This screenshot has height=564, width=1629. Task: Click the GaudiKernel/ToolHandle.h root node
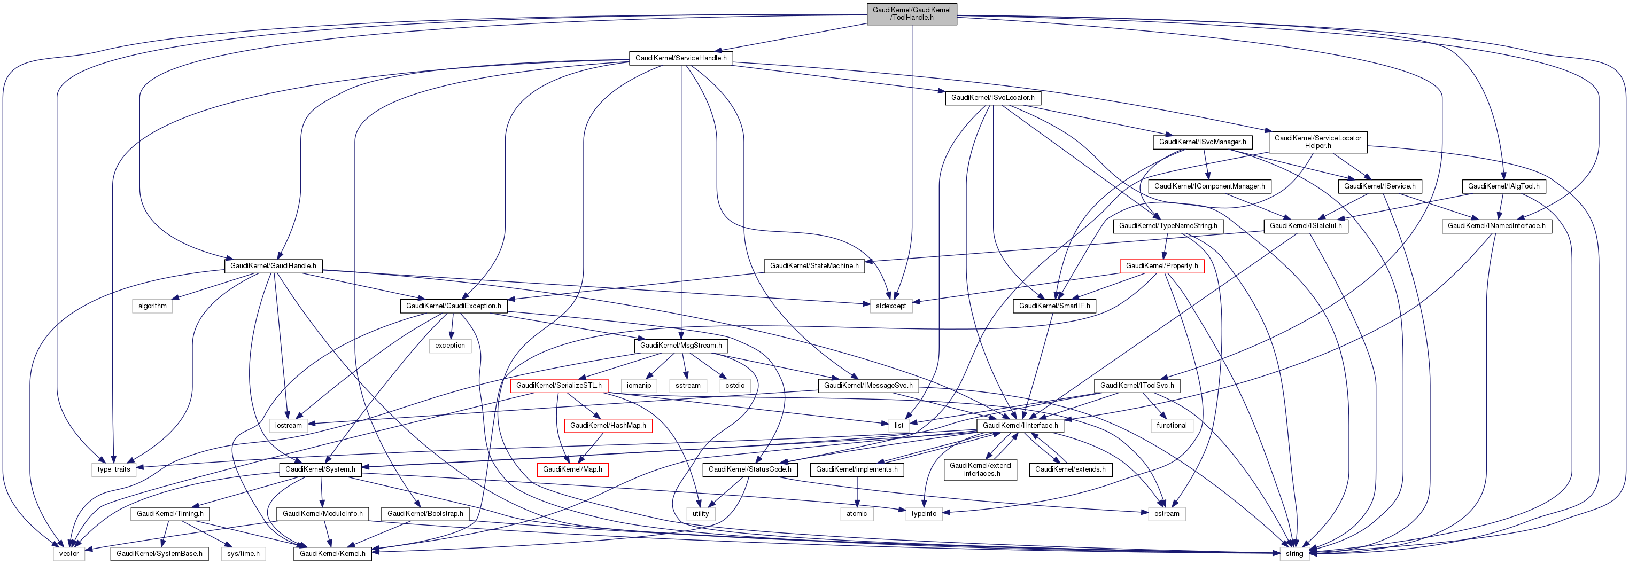tap(911, 13)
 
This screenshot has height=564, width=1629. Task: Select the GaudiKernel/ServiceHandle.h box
tap(680, 58)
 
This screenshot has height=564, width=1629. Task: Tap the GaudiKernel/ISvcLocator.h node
tap(993, 98)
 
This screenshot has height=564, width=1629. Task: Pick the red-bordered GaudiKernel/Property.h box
tap(1162, 266)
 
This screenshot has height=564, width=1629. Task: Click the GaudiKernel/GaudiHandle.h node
tap(273, 266)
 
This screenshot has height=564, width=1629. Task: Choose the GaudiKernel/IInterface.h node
tap(1020, 426)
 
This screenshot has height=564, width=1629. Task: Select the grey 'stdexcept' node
tap(891, 306)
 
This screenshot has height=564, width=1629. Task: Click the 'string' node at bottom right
tap(1294, 554)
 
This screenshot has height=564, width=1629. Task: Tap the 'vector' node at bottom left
tap(69, 554)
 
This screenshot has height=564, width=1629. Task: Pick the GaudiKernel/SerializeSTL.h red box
tap(559, 386)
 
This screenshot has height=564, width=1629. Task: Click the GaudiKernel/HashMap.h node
tap(608, 426)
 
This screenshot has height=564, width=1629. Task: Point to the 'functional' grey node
tap(1171, 426)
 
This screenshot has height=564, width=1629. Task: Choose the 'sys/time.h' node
tap(244, 554)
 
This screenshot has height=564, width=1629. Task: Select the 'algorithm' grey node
tap(152, 306)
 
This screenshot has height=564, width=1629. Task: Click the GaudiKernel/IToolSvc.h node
tap(1137, 386)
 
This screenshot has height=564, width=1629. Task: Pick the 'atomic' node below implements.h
tap(857, 514)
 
